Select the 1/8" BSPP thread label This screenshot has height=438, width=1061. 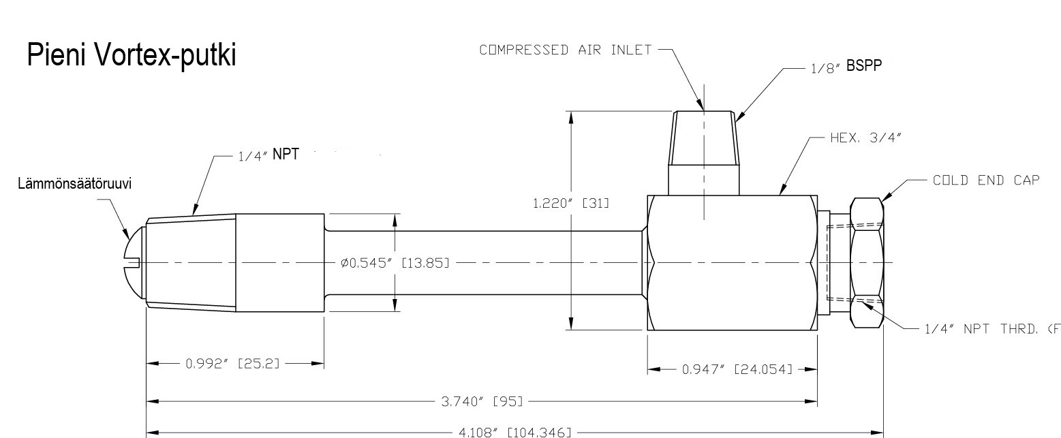coord(846,66)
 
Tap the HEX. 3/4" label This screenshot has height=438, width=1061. coord(865,138)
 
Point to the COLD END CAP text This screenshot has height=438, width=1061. coord(986,180)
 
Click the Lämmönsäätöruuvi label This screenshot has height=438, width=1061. coord(74,184)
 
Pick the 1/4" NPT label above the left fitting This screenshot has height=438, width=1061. coord(268,155)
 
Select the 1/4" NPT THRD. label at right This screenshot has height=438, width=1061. coord(992,328)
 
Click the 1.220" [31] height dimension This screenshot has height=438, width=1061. coord(571,204)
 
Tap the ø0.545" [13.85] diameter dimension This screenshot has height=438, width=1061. coord(395,263)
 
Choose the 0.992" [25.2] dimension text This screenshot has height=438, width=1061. coord(232,364)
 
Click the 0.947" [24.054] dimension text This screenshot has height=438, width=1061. coord(737,369)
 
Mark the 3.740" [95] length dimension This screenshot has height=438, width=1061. coord(482,401)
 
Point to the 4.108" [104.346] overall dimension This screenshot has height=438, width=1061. coord(515,433)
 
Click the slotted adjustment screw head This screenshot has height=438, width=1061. coord(134,262)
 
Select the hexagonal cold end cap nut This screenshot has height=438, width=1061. coord(867,263)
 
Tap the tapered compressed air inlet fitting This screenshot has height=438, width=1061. coord(703,153)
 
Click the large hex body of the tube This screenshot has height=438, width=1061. coord(733,263)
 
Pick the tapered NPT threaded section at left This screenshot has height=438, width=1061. coord(191,263)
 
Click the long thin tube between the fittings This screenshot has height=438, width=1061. coord(483,263)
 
